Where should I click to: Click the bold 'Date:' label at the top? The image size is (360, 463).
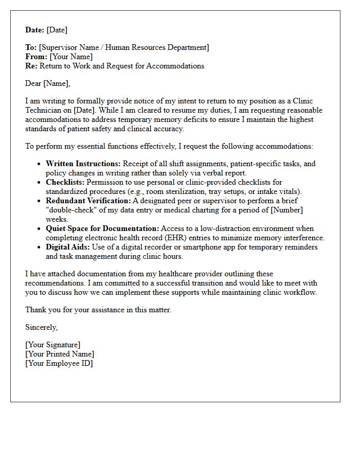(x=35, y=30)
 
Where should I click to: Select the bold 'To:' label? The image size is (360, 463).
(x=31, y=47)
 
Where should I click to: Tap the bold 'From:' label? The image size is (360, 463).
(x=36, y=57)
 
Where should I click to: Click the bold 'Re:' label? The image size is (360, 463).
(x=31, y=66)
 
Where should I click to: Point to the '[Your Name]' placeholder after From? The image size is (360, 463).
(x=71, y=57)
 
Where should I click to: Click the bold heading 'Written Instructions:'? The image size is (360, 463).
(x=83, y=164)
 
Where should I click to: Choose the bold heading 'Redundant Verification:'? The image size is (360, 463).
(x=88, y=201)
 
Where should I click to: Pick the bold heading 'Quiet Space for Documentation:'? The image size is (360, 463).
(x=102, y=228)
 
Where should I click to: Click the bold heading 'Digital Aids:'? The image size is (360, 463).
(x=67, y=247)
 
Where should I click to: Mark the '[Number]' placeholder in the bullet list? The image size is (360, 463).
(x=287, y=210)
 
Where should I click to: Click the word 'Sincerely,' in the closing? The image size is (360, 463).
(x=42, y=327)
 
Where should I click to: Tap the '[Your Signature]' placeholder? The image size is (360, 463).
(x=53, y=345)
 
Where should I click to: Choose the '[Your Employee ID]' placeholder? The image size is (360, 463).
(x=59, y=363)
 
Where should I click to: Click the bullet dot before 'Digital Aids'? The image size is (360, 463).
(x=40, y=247)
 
